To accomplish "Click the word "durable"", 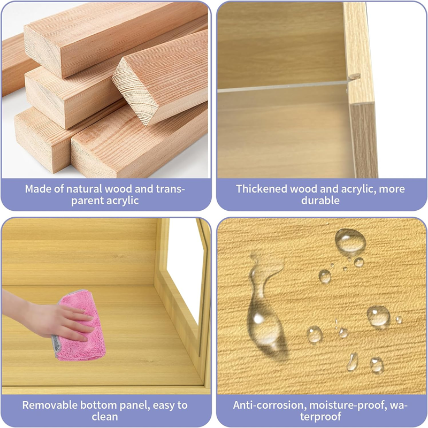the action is click(x=320, y=201).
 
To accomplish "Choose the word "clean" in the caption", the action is click(x=105, y=417).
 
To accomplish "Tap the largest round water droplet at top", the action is click(x=350, y=241).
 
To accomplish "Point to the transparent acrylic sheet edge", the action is click(x=282, y=87).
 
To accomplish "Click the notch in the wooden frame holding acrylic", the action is click(x=354, y=76).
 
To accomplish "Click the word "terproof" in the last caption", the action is click(x=320, y=417).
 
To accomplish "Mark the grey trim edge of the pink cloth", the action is click(x=55, y=345).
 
